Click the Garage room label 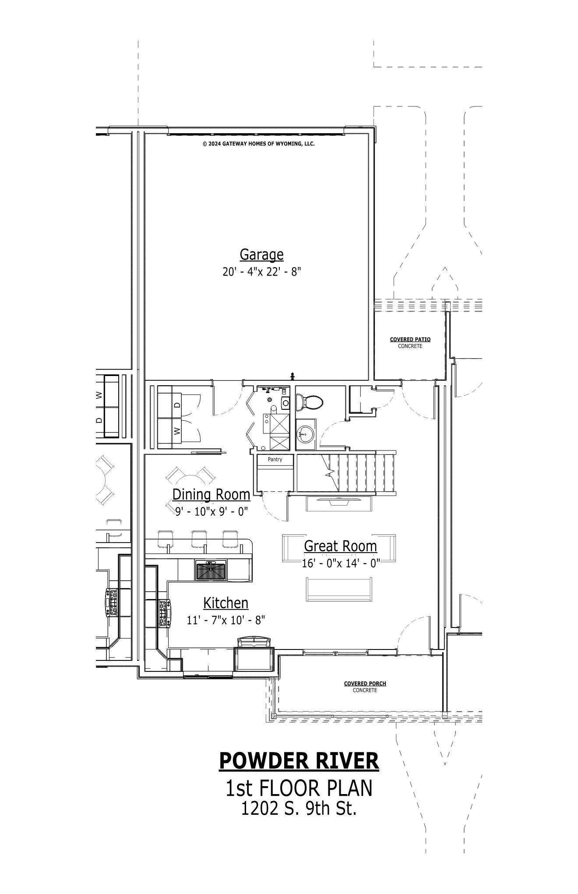pyautogui.click(x=261, y=255)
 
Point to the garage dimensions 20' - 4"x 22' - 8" pyautogui.click(x=262, y=272)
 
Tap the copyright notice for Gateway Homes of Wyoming pyautogui.click(x=258, y=144)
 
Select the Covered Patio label pyautogui.click(x=410, y=339)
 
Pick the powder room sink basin pyautogui.click(x=306, y=435)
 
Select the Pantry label pyautogui.click(x=275, y=459)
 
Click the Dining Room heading pyautogui.click(x=211, y=494)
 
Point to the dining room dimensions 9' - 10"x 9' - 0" pyautogui.click(x=211, y=511)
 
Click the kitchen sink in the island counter pyautogui.click(x=211, y=571)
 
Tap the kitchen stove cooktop pyautogui.click(x=164, y=614)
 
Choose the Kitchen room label pyautogui.click(x=226, y=603)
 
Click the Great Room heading pyautogui.click(x=340, y=546)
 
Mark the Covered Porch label pyautogui.click(x=365, y=683)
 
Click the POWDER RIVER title pyautogui.click(x=299, y=760)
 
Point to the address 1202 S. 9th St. pyautogui.click(x=299, y=809)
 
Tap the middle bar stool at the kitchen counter pyautogui.click(x=199, y=539)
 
